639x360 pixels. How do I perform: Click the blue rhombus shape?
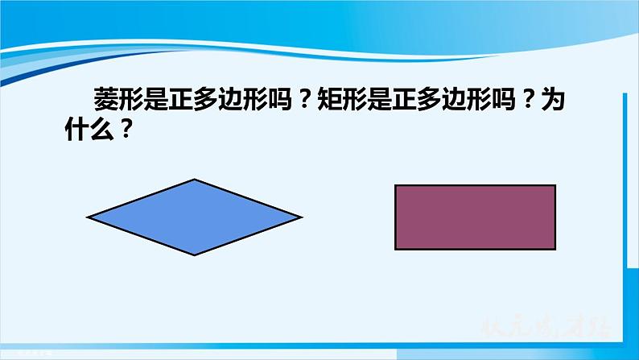click(x=195, y=217)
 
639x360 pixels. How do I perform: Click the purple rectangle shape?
click(x=475, y=217)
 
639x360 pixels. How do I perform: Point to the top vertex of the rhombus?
click(x=195, y=179)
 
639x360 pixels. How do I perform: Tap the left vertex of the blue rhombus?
click(x=88, y=217)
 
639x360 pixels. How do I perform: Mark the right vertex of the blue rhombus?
click(x=302, y=217)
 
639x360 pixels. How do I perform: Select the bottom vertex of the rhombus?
click(x=195, y=255)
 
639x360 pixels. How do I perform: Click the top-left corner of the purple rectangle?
click(x=395, y=185)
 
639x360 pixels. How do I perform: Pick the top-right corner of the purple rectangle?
click(x=555, y=185)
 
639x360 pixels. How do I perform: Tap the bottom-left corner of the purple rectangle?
click(x=395, y=249)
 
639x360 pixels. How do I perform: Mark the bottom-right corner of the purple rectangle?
click(x=555, y=249)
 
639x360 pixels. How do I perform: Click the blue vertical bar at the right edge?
click(x=625, y=201)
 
